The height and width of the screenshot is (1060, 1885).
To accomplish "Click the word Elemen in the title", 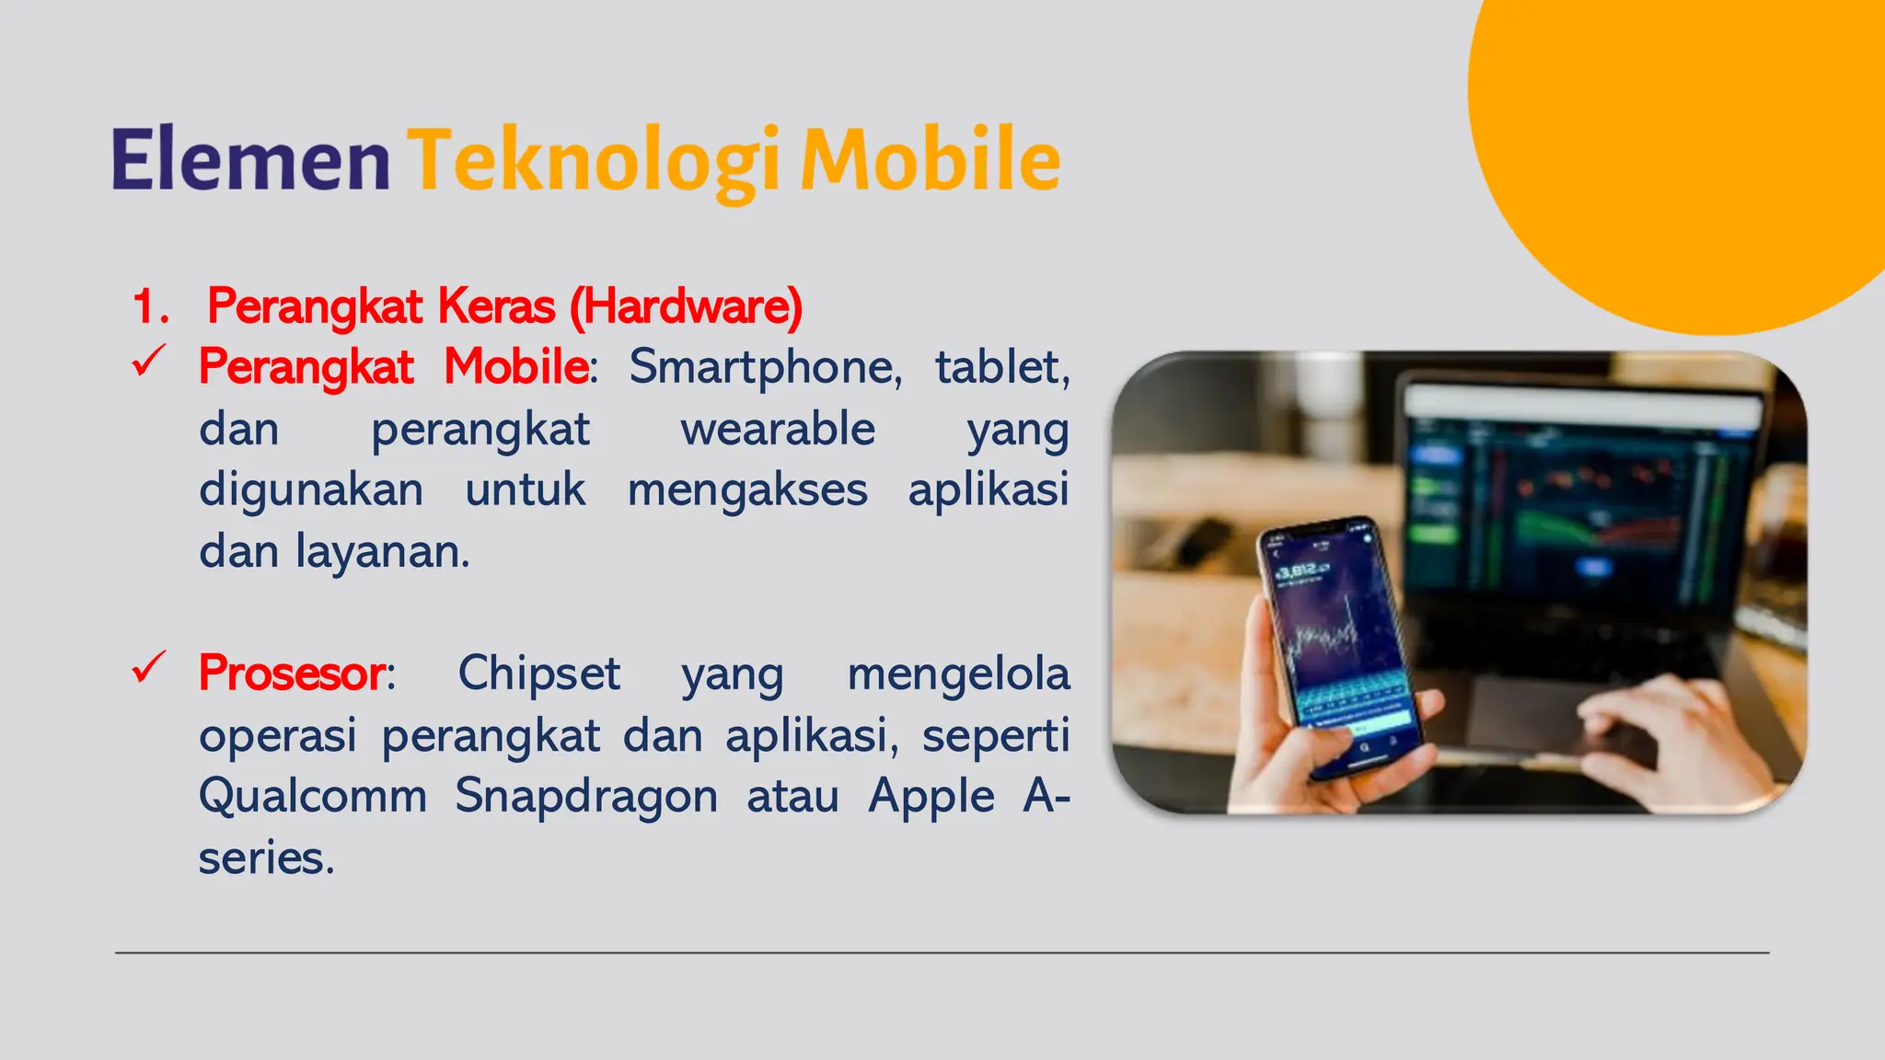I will [x=250, y=159].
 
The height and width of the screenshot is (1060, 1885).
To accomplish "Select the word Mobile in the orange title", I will [x=931, y=159].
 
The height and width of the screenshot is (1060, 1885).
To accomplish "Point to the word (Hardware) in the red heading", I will [x=686, y=306].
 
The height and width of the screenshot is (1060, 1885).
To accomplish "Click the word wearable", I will [x=778, y=429].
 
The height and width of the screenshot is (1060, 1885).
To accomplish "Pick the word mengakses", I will [x=747, y=490].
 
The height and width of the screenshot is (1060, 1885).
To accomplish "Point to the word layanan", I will [x=382, y=551].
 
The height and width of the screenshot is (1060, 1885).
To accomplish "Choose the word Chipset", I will [x=538, y=673].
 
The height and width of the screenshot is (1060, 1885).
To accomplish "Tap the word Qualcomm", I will [x=313, y=795].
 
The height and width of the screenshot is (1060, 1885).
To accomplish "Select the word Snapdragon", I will [x=586, y=796].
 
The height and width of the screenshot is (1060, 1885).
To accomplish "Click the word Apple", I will [x=931, y=796].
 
